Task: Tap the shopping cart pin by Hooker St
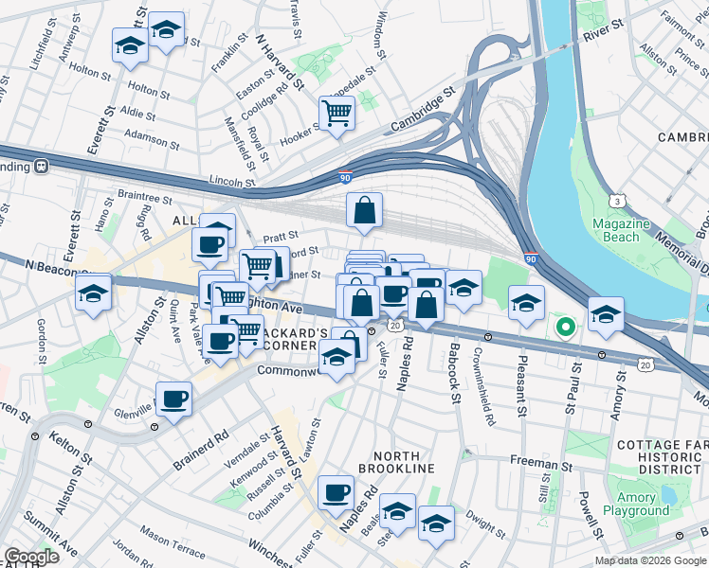tap(336, 114)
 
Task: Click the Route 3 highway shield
tap(617, 201)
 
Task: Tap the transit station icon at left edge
tap(42, 166)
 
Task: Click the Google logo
tap(31, 557)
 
